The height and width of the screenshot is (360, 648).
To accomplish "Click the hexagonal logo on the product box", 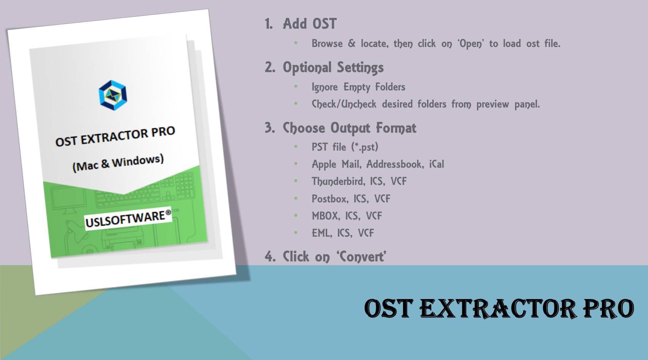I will click(113, 95).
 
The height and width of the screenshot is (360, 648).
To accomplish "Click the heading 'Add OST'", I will click(309, 24).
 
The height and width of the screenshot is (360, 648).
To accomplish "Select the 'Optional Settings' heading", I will click(333, 67).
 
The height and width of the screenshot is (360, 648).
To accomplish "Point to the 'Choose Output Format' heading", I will click(349, 128).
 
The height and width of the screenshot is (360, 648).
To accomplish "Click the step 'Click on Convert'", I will click(334, 256).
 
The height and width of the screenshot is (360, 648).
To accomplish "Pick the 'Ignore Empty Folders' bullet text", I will click(358, 87).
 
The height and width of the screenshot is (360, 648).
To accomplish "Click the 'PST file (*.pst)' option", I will click(345, 147).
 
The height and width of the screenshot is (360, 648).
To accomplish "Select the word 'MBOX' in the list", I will click(325, 216).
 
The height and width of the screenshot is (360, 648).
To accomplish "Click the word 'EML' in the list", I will click(321, 233).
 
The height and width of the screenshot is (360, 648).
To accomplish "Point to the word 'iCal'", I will click(437, 164).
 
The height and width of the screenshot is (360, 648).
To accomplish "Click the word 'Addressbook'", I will click(395, 164).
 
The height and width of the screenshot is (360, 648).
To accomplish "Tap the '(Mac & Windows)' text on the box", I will click(118, 163).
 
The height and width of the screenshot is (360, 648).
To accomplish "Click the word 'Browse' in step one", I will click(327, 43).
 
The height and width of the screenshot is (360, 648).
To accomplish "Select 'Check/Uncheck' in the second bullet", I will click(344, 104).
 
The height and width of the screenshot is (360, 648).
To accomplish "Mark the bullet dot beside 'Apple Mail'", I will click(296, 164).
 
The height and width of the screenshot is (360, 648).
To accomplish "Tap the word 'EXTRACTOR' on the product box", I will click(114, 137).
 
